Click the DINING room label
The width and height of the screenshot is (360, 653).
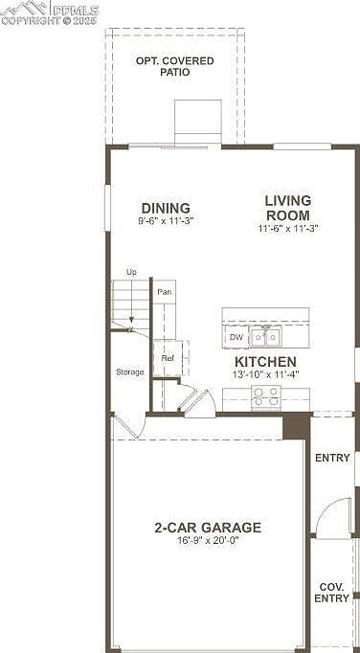tap(166, 208)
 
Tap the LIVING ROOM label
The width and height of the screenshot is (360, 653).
tap(288, 208)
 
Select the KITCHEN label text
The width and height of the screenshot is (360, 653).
tap(265, 362)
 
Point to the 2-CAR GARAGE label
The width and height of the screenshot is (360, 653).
tap(208, 528)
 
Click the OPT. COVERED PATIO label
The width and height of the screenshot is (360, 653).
tap(174, 67)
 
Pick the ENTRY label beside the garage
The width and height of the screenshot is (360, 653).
tap(332, 458)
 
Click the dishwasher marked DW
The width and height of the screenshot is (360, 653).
tap(236, 337)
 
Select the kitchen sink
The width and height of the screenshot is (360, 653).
tap(265, 336)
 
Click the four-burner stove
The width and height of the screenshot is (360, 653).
tap(266, 396)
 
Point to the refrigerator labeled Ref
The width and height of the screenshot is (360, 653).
tap(168, 358)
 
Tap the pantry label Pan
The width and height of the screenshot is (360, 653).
tap(164, 292)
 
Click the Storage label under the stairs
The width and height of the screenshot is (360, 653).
tap(129, 372)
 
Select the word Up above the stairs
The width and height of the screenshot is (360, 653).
tap(131, 272)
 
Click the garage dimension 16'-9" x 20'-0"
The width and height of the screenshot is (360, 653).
tap(208, 541)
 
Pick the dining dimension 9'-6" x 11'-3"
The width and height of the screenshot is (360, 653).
tap(166, 220)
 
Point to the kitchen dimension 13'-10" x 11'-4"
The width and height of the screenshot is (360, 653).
tap(266, 374)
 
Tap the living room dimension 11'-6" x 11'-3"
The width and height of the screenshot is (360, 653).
tap(288, 228)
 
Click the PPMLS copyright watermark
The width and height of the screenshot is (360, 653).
tap(50, 13)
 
